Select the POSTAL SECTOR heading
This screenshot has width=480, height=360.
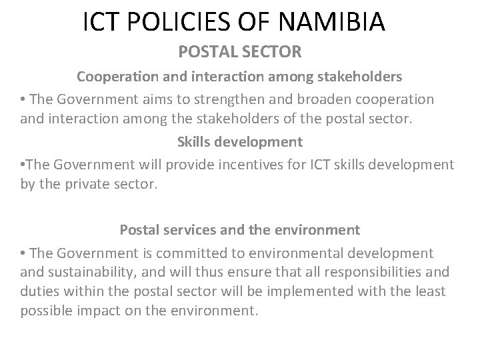click(239, 51)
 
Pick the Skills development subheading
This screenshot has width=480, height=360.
click(239, 141)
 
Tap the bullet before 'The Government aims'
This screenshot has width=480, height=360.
click(23, 99)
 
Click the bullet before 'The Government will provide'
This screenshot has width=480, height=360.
click(23, 163)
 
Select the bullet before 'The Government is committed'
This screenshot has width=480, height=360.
click(23, 253)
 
